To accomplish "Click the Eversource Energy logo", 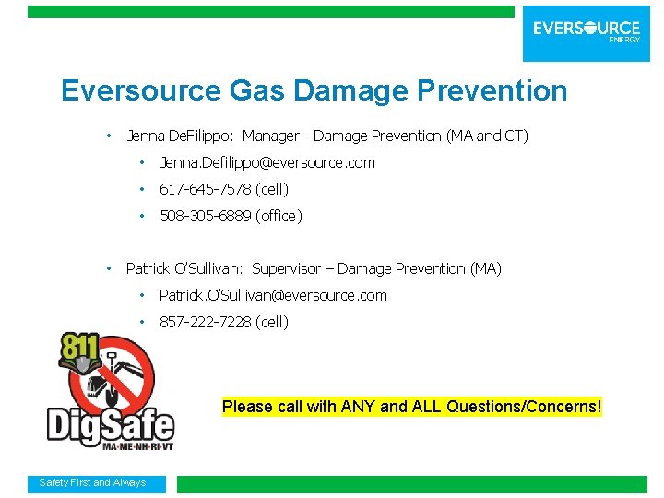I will click(x=587, y=31).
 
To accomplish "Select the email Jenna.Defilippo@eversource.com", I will click(x=267, y=163).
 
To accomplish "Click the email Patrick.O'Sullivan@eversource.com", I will click(x=273, y=296).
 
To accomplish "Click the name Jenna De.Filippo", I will click(x=181, y=136).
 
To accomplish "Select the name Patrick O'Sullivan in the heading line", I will click(x=184, y=269).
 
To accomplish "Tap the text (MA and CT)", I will click(x=487, y=136).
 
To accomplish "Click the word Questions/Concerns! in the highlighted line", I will click(x=524, y=407).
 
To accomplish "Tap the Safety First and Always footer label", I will click(x=92, y=483).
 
